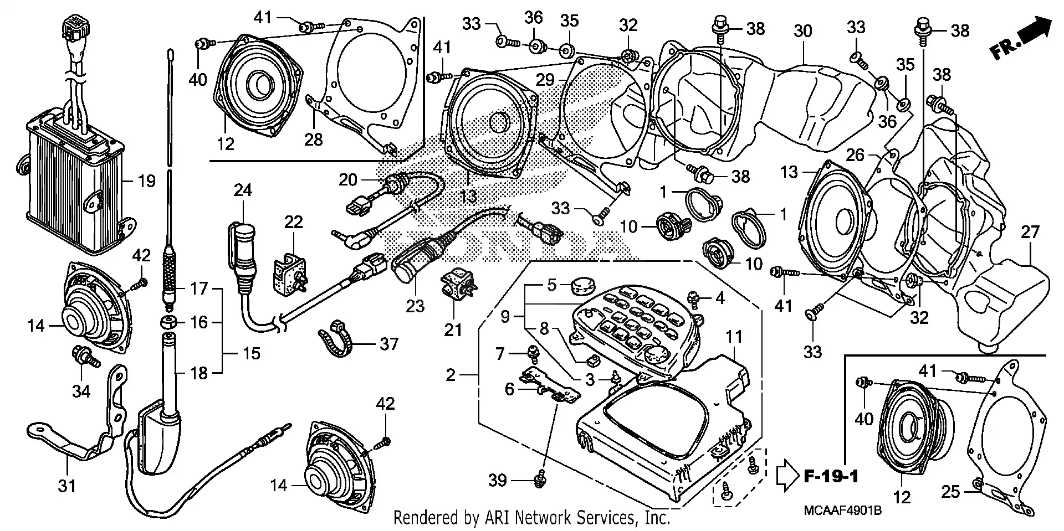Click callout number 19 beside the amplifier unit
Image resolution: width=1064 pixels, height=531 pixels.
pos(146,181)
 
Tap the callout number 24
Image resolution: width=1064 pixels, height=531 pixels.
pos(243,190)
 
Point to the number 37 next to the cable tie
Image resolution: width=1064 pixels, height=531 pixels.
pos(389,344)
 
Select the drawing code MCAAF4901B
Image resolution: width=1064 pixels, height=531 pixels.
pos(840,509)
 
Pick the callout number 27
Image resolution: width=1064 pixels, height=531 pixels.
pos(1030,232)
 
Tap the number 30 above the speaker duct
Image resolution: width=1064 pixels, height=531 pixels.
pos(802,30)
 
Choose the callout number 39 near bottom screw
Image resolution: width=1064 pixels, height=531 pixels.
pos(497,480)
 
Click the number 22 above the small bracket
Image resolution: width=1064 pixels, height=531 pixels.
pos(294,223)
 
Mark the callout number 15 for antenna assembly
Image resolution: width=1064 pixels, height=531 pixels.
pos(252,353)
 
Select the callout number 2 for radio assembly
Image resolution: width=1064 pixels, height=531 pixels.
pos(451,375)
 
